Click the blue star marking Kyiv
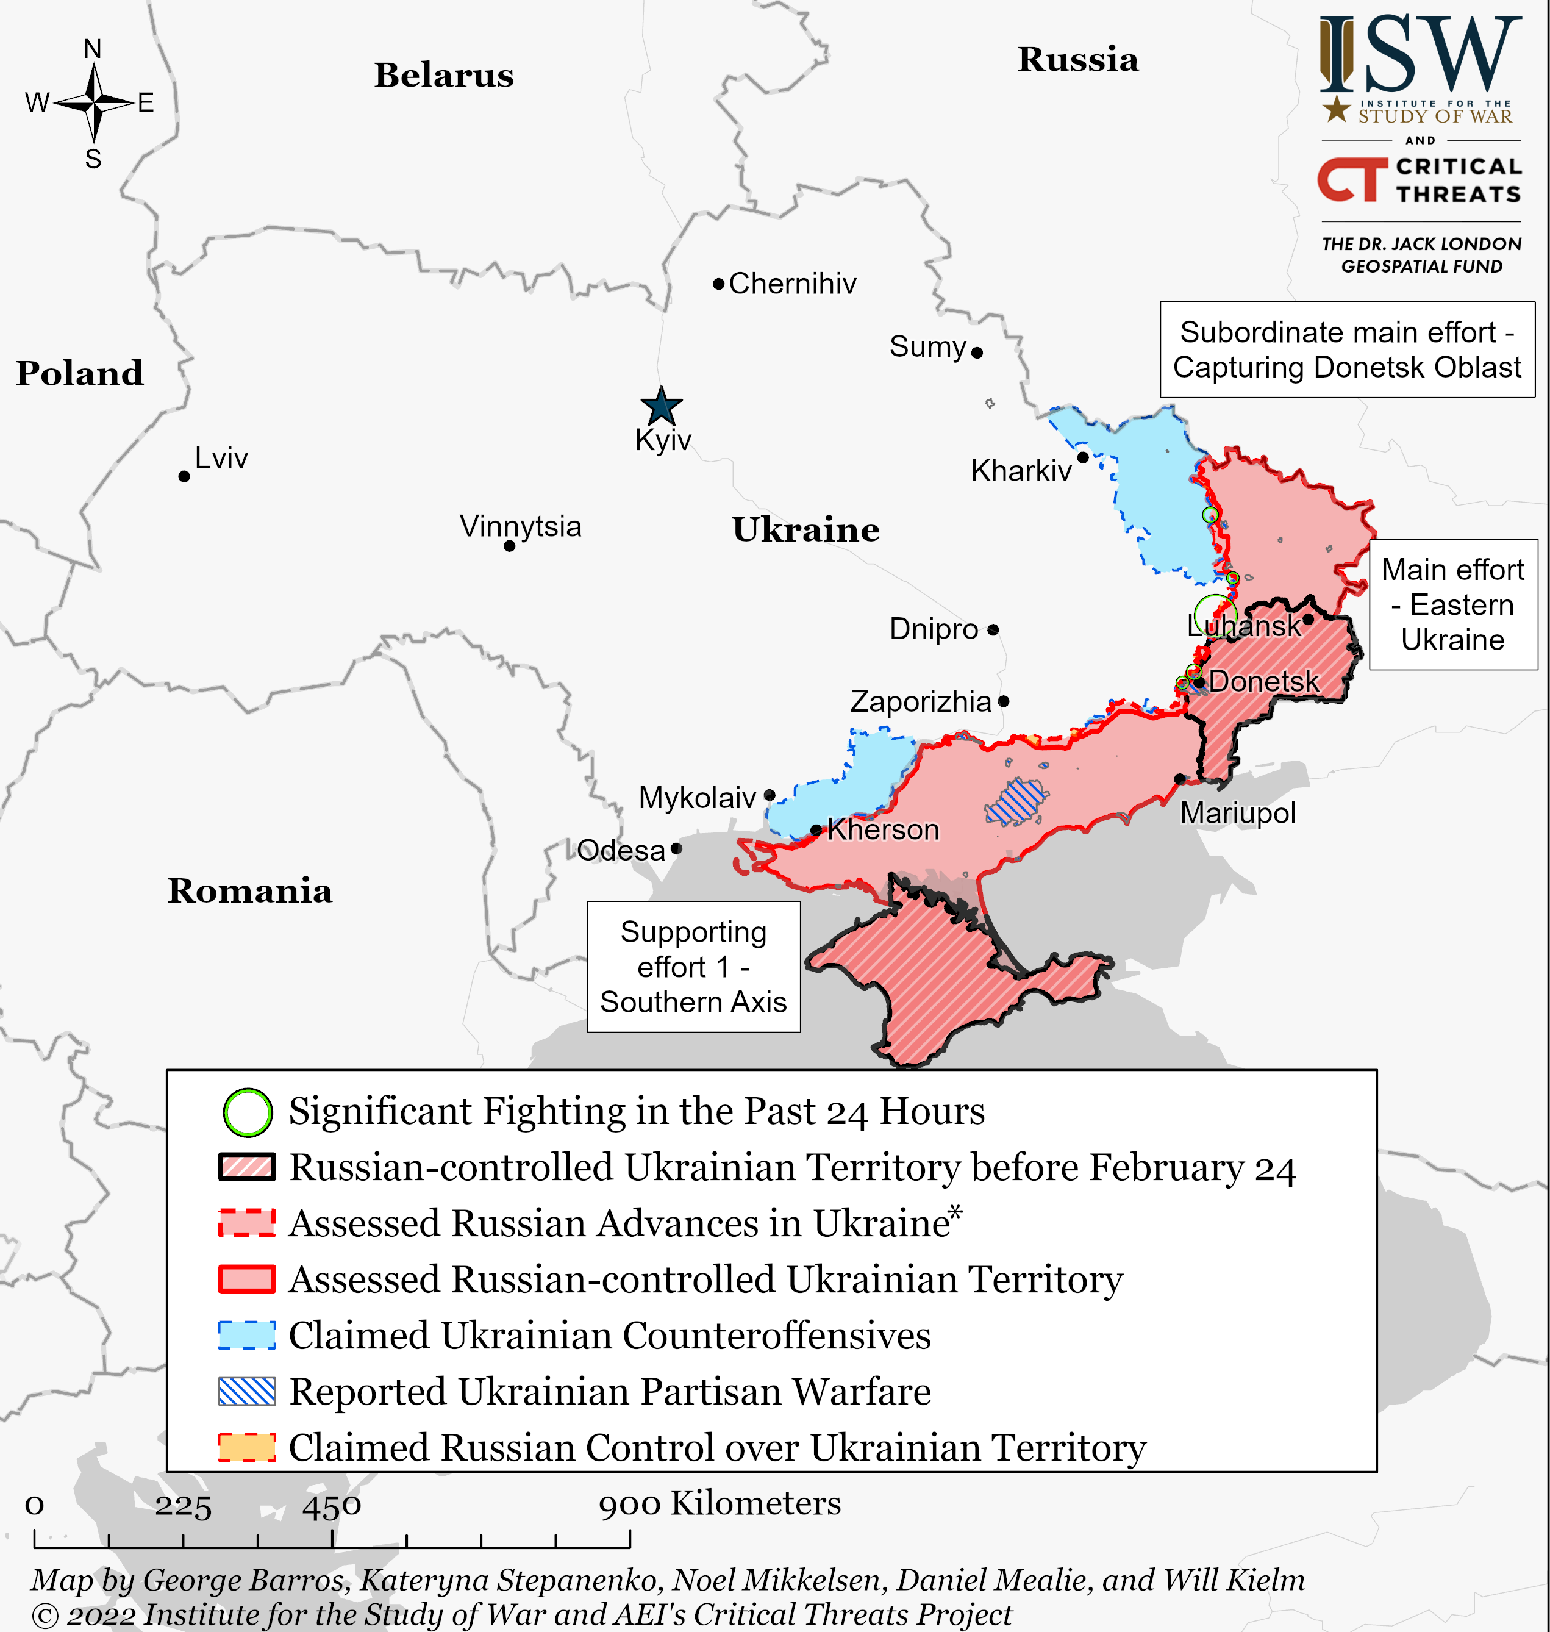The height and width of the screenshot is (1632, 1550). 661,407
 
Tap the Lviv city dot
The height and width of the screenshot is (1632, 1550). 184,476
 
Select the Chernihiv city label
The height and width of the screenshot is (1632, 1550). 791,284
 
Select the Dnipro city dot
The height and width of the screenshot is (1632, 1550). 993,629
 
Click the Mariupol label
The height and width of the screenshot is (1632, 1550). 1237,813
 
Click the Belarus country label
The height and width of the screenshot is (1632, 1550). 444,75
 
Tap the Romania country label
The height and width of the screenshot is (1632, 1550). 249,891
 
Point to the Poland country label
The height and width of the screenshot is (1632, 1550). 79,373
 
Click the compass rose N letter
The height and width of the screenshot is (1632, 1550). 93,49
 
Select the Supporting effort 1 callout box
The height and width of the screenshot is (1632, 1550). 693,966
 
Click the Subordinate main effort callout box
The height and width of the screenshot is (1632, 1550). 1347,349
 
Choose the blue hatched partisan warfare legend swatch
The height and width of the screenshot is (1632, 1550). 246,1392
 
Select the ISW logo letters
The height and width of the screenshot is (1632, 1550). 1420,56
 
